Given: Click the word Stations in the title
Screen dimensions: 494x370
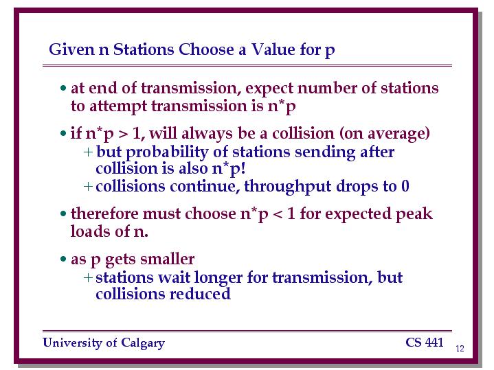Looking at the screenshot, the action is (144, 49).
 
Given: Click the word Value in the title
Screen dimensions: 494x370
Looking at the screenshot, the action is (273, 49).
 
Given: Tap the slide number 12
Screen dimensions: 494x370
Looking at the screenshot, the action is (460, 348).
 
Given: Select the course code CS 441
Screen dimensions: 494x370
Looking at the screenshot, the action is (425, 343).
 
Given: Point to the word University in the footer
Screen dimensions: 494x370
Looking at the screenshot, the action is (72, 343).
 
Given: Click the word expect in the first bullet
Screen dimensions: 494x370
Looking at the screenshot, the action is (269, 89).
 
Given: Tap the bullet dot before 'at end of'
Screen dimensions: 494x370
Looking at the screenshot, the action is (63, 88).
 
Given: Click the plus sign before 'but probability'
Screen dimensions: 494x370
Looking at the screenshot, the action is (88, 152).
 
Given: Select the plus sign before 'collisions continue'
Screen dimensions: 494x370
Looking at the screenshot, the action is (88, 186).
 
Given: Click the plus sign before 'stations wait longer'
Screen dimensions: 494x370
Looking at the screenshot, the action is (88, 277).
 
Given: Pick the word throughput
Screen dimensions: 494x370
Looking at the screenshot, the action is (287, 187).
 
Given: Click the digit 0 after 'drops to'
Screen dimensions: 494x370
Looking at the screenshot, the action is (405, 186).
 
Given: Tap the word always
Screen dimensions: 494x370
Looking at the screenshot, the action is (207, 134).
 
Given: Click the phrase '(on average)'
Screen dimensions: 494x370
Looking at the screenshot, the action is (384, 134).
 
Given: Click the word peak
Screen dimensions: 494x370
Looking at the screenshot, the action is (414, 214).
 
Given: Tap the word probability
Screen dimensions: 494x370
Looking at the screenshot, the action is (167, 152).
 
